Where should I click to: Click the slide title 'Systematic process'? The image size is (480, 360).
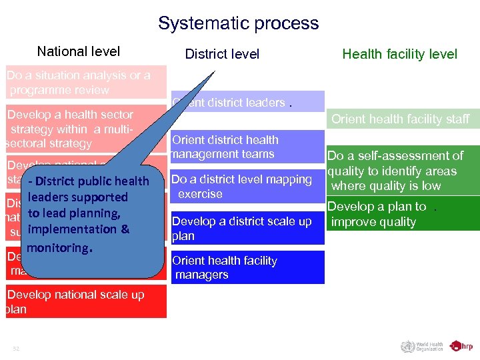point(239,23)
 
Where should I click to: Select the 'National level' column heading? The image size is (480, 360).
point(79,51)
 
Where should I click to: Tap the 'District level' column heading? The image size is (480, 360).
point(222,54)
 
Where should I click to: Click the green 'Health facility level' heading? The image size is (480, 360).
point(399,54)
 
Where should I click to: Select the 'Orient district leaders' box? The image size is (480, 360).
point(247,102)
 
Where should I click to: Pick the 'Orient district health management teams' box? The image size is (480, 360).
point(247,147)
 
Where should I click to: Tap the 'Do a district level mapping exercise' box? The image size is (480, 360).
point(247,187)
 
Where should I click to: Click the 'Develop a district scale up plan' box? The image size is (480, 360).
point(247,229)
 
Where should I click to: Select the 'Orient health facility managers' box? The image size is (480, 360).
point(247,267)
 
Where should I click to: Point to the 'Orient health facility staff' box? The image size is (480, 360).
point(400,119)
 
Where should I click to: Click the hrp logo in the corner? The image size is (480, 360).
point(461,346)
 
